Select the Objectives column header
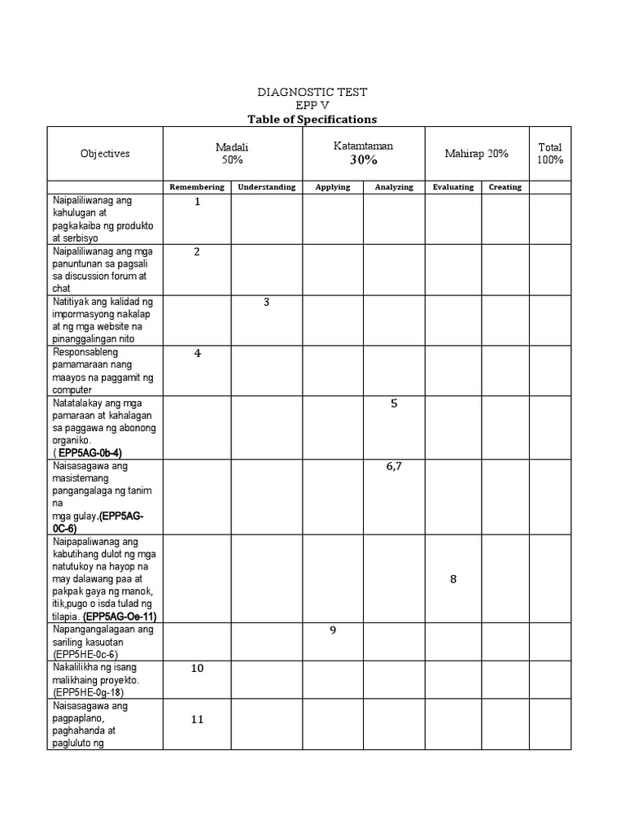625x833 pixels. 105,154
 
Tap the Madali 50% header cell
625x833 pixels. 232,153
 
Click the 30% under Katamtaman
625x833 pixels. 364,160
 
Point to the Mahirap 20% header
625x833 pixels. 476,154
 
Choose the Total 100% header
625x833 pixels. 550,153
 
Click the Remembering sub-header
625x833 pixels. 197,187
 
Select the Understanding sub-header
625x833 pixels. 266,187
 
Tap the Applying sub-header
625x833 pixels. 333,187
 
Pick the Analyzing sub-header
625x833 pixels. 394,187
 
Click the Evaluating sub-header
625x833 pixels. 453,187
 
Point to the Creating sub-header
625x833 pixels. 505,187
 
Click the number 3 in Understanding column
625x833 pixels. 266,303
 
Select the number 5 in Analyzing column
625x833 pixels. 394,403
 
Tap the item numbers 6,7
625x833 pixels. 394,467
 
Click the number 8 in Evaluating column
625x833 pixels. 453,579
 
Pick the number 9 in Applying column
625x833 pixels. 333,630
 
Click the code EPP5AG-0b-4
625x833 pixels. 90,452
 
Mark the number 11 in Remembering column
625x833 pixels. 197,719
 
